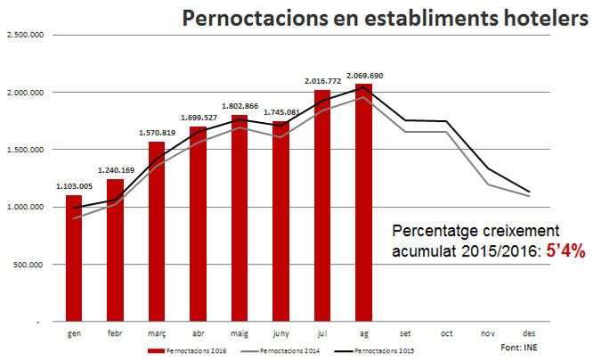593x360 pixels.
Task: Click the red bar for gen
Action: click(x=74, y=258)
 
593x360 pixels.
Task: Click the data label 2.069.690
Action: click(x=363, y=76)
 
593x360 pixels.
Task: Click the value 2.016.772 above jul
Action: click(x=321, y=81)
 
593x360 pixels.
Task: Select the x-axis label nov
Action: click(x=487, y=332)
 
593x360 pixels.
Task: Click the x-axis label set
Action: click(x=405, y=332)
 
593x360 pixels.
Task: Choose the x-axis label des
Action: click(x=529, y=332)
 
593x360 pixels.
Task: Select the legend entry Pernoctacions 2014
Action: click(x=285, y=350)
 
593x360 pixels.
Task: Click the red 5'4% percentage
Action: click(x=566, y=251)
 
